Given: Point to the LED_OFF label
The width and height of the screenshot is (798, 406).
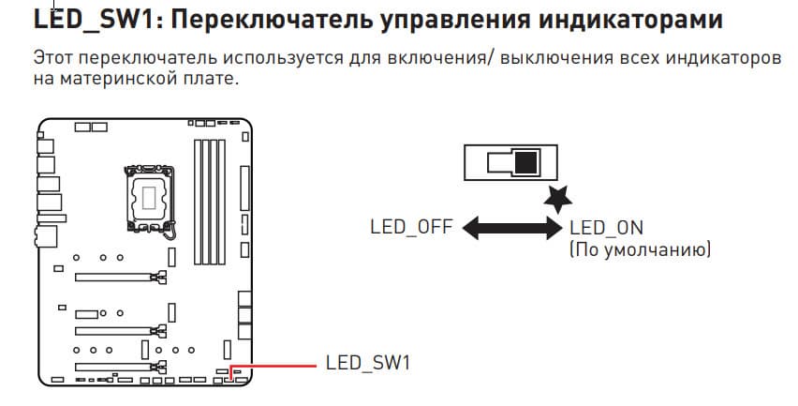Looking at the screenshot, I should coord(411,228).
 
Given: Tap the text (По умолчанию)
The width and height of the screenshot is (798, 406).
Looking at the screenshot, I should coord(640,250).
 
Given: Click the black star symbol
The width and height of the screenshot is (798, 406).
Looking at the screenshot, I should coord(559,198).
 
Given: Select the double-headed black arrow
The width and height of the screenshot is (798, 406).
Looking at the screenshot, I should coord(511,228).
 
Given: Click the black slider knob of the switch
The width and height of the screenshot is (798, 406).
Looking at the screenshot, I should coord(526,162).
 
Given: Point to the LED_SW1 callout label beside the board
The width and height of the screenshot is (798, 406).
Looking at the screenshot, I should coord(368,363).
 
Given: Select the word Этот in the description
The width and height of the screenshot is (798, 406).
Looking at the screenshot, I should coord(52,58).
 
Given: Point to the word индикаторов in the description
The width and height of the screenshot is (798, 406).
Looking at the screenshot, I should coord(716,58).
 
